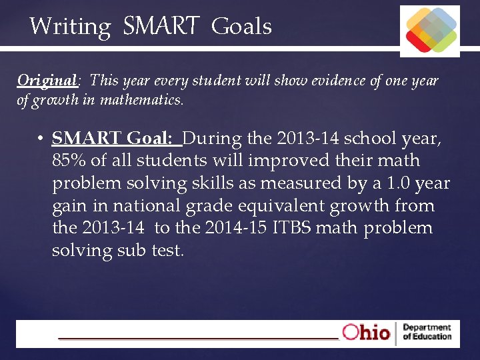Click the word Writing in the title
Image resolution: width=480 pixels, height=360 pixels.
70,27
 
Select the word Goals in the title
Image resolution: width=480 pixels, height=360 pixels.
241,27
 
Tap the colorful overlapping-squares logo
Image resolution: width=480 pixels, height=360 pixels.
429,31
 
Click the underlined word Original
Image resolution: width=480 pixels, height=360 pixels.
47,81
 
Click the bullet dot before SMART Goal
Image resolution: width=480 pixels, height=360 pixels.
41,139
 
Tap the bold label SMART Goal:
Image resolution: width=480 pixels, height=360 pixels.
116,138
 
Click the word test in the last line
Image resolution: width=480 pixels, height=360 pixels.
165,251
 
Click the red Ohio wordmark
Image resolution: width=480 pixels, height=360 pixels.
366,332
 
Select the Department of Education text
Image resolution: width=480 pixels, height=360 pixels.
427,332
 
